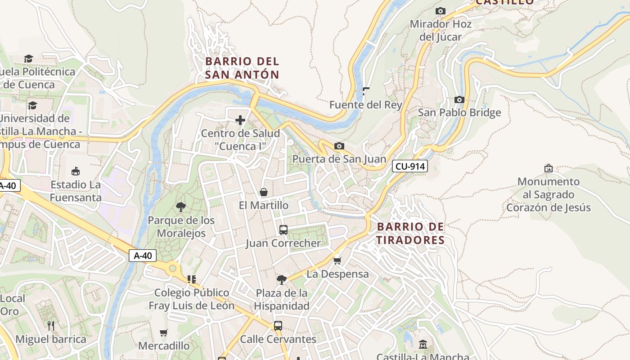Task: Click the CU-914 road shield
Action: click(409, 166)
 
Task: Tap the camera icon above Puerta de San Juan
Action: click(339, 146)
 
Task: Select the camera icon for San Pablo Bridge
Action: click(459, 99)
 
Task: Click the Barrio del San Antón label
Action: click(242, 68)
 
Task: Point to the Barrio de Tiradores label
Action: click(410, 233)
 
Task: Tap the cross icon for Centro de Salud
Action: click(240, 120)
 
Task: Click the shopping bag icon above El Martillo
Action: click(264, 192)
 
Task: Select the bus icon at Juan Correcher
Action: click(283, 230)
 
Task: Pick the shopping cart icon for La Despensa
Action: click(337, 261)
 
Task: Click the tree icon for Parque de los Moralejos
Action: click(181, 207)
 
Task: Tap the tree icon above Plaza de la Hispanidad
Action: click(282, 280)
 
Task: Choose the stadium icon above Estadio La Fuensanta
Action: click(76, 171)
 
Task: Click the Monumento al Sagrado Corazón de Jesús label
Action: click(548, 194)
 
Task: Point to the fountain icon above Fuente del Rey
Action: click(365, 92)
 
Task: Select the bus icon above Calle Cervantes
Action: click(278, 326)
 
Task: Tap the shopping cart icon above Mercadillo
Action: click(164, 333)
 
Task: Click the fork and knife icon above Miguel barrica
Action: click(51, 325)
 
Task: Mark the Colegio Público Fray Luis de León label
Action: click(192, 299)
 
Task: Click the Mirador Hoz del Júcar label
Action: click(440, 30)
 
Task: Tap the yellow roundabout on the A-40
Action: click(172, 269)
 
